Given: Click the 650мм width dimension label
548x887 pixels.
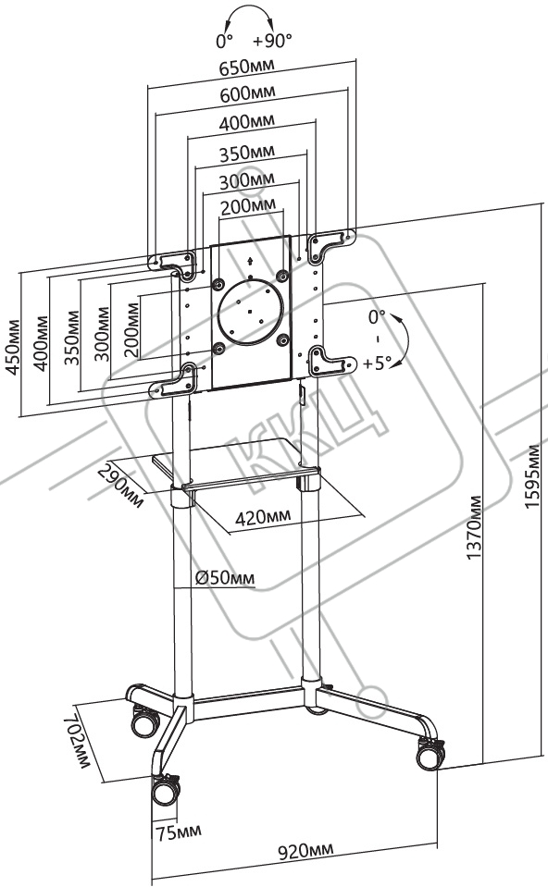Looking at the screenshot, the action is pyautogui.click(x=247, y=67).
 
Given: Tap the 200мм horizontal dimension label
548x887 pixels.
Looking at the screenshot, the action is pyautogui.click(x=248, y=206).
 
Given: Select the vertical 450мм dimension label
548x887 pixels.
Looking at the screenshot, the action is pyautogui.click(x=12, y=348).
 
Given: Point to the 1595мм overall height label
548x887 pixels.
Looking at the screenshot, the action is pyautogui.click(x=532, y=477).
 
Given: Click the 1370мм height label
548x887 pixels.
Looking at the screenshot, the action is pyautogui.click(x=474, y=528).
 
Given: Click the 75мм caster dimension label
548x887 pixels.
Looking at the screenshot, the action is pyautogui.click(x=179, y=832).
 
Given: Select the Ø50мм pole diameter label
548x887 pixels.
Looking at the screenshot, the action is pyautogui.click(x=225, y=578).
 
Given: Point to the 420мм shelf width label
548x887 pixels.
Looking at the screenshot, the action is pyautogui.click(x=263, y=516).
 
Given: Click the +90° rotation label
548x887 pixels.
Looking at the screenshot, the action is pyautogui.click(x=272, y=41).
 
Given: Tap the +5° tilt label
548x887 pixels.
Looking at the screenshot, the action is pyautogui.click(x=377, y=363).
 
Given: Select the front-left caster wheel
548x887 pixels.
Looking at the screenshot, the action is pyautogui.click(x=166, y=790).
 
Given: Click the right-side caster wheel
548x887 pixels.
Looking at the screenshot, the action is pyautogui.click(x=430, y=755).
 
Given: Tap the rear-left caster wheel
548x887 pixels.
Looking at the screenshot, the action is pyautogui.click(x=145, y=721).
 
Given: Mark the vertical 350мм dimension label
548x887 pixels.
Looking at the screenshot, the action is pyautogui.click(x=72, y=338).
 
